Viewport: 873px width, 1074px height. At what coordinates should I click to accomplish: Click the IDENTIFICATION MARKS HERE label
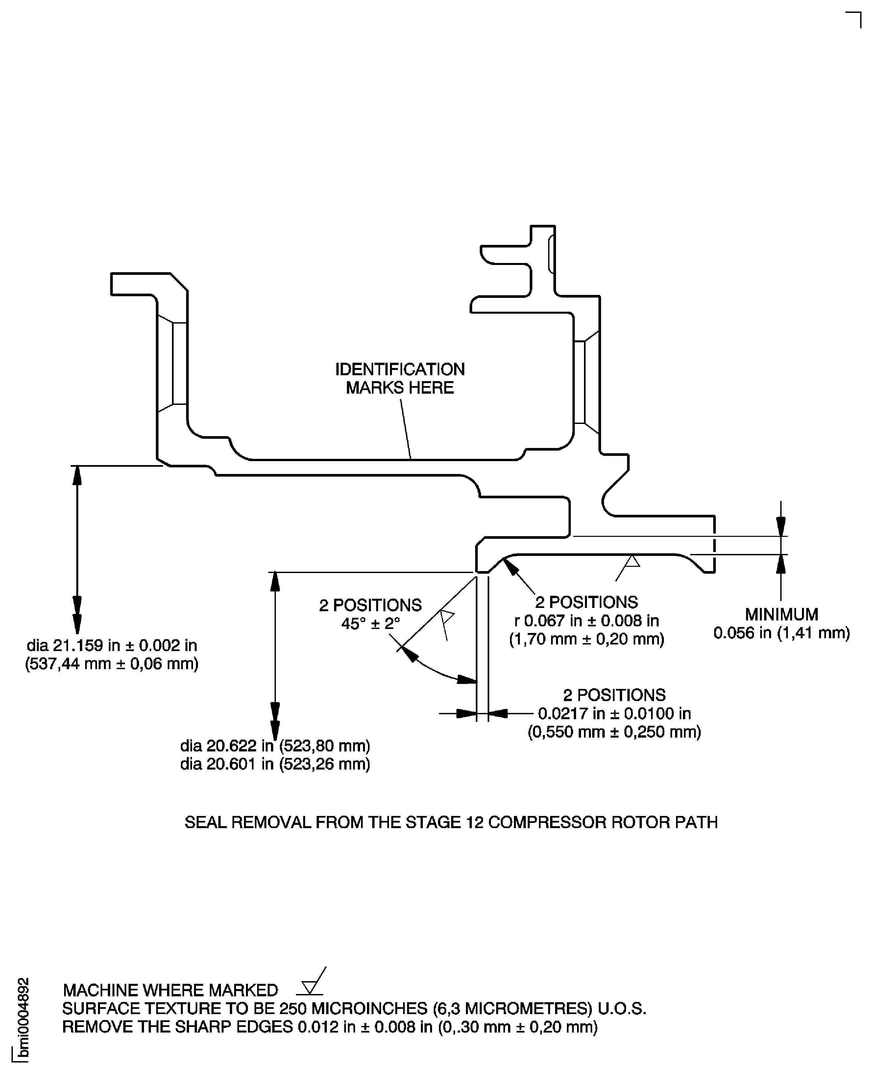click(x=400, y=379)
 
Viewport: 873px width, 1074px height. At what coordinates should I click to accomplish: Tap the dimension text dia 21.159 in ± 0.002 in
click(x=112, y=645)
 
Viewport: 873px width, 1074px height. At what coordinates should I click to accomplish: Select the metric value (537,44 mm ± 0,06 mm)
click(x=112, y=664)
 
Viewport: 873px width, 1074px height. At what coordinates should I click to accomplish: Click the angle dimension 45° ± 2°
click(x=371, y=624)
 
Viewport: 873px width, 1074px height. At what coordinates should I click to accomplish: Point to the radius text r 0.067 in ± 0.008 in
click(x=586, y=620)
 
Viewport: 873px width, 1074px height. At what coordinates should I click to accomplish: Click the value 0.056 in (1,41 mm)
click(x=782, y=633)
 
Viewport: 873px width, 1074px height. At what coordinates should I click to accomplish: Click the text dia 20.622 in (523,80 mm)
click(x=275, y=746)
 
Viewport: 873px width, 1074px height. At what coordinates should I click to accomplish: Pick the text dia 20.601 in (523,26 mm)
click(x=275, y=764)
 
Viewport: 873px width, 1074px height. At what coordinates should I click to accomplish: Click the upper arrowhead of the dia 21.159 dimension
click(x=77, y=475)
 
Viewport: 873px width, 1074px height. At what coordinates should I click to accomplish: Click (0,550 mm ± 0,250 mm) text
click(x=614, y=732)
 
